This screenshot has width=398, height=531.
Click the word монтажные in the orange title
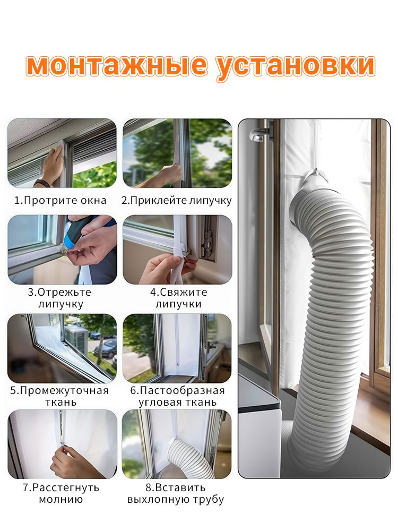117,66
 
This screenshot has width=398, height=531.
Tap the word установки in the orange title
296,66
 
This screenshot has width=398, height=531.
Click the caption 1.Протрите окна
60,200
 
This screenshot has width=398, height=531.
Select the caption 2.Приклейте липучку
177,200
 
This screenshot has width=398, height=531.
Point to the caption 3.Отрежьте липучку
60,298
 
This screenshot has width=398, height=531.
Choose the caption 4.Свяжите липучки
178,298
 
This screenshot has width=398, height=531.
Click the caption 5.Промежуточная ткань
59,396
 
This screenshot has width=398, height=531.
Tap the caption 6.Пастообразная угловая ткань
178,396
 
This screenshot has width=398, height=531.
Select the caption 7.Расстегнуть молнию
61,493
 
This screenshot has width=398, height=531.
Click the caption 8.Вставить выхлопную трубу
176,493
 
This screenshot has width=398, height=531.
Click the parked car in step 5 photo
106,349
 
